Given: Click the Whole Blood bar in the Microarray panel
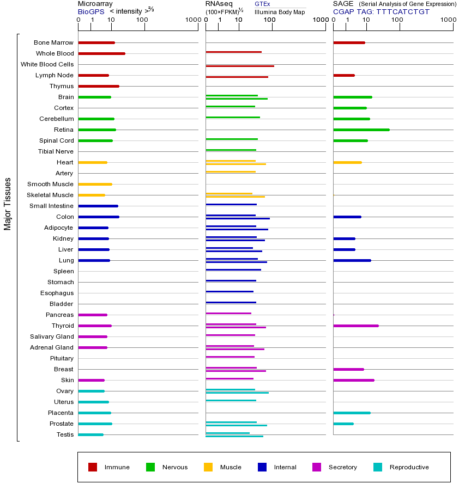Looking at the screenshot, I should (101, 53).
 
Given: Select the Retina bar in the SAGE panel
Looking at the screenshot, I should (361, 130).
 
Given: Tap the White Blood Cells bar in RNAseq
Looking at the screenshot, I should (240, 66).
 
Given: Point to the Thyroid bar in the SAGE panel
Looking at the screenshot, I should (355, 326).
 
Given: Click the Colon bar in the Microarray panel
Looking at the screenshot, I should (99, 217).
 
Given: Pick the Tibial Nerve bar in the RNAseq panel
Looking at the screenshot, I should (231, 150).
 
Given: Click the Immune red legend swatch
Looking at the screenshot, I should (93, 467).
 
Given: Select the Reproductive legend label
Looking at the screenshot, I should (409, 467).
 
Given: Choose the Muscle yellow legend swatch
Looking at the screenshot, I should (208, 467).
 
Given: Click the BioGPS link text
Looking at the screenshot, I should (91, 11).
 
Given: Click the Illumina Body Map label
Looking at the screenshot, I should (280, 11).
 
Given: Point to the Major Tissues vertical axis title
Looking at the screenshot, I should (8, 204).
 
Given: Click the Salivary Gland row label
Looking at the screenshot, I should (52, 336).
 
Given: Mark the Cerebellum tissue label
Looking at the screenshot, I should (56, 119).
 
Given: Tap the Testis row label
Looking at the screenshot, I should (65, 434).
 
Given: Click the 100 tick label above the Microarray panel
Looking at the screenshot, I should (142, 20).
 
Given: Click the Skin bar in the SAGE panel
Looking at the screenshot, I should (353, 380).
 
